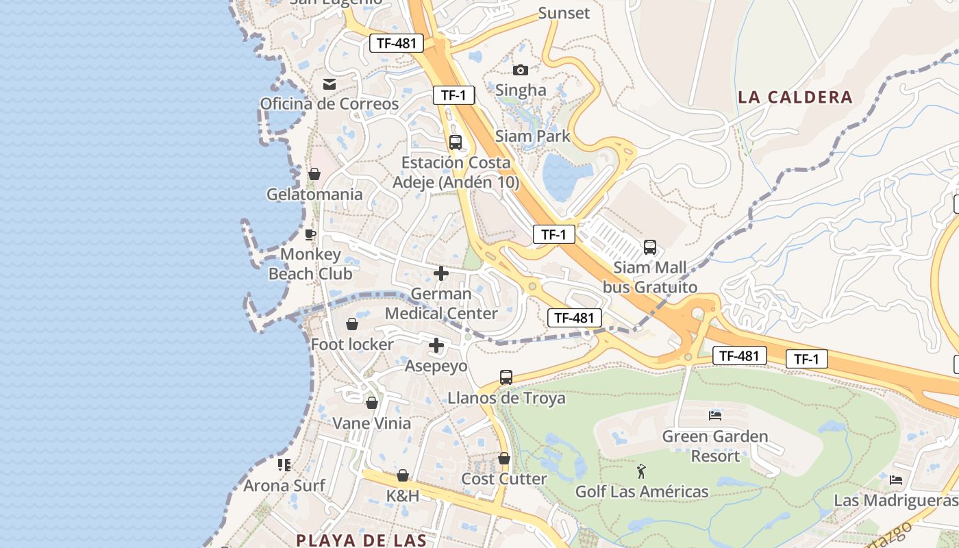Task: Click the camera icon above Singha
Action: (x=521, y=70)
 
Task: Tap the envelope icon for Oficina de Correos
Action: (x=329, y=84)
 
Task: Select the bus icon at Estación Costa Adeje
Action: (x=456, y=142)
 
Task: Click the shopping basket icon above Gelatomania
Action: (x=314, y=174)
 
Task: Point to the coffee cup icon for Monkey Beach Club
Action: (x=310, y=235)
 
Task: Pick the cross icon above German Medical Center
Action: (x=441, y=273)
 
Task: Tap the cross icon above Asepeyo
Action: (x=436, y=345)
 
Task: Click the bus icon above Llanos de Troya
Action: (x=506, y=377)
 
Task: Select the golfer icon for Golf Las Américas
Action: (x=641, y=471)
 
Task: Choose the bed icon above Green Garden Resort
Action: (x=715, y=415)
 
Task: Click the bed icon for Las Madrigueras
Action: (x=896, y=480)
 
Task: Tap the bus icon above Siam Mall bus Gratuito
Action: (x=650, y=247)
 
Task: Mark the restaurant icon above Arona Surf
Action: (x=284, y=465)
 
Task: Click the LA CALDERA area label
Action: (x=795, y=97)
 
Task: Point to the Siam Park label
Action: (x=533, y=136)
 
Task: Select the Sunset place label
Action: (x=564, y=13)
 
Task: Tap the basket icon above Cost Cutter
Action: (x=504, y=458)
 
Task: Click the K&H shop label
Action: (x=403, y=495)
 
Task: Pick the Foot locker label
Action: (x=352, y=344)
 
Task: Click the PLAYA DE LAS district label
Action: (x=361, y=540)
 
